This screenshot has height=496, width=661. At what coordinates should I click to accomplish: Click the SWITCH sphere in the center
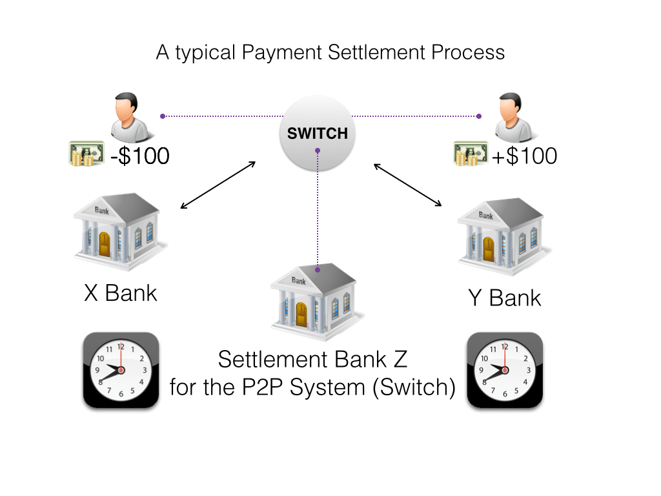[317, 134]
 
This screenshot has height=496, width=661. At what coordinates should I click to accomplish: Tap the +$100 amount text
[525, 156]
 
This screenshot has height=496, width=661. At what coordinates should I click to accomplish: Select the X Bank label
[121, 293]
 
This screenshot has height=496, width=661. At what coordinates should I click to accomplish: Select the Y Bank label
[505, 298]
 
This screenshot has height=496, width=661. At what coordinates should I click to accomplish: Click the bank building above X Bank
[119, 229]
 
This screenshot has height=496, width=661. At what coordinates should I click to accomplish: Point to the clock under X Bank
[121, 370]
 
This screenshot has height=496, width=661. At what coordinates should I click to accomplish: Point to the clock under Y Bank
[505, 370]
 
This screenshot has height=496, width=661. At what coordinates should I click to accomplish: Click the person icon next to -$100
[132, 118]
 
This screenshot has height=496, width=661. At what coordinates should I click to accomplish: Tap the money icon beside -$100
[86, 155]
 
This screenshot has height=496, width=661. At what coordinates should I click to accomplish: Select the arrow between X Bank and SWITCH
[218, 185]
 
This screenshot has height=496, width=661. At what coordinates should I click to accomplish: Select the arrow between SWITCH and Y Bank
[408, 185]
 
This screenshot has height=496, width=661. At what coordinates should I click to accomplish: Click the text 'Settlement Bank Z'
[314, 358]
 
